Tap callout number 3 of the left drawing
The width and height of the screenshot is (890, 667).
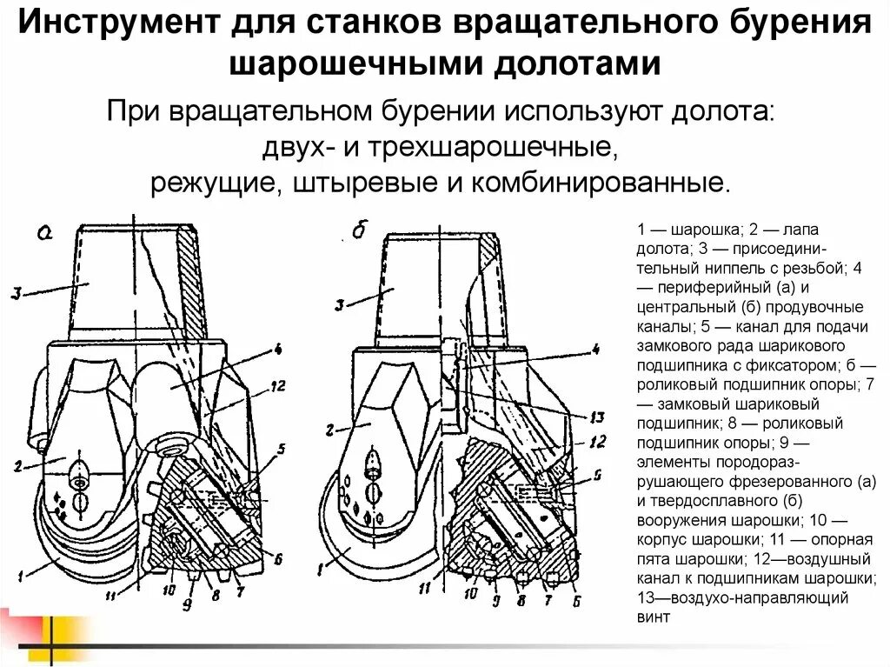(x=17, y=293)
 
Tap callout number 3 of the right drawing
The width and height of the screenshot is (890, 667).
(x=341, y=303)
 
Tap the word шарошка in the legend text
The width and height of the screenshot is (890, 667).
(x=702, y=230)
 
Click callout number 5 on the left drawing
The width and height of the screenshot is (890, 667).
(x=280, y=450)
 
